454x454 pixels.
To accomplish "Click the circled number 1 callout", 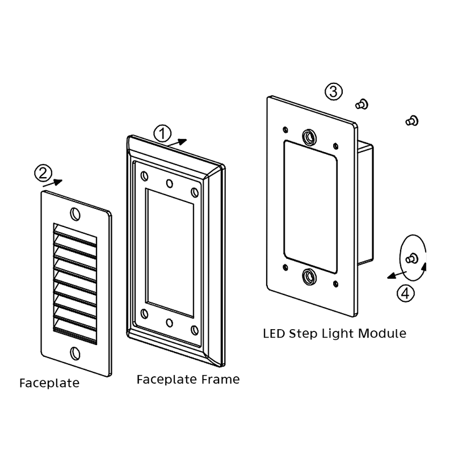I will [x=162, y=133].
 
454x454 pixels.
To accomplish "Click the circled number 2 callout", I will [x=43, y=171].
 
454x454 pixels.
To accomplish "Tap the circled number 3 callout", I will [x=334, y=91].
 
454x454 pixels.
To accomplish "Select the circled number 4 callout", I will [x=404, y=293].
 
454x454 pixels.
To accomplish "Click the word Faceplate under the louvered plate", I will [x=49, y=383].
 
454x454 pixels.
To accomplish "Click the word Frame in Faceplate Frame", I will [x=218, y=379].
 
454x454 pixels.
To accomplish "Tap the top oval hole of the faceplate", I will [x=74, y=213].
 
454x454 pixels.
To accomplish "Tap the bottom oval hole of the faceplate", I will [x=75, y=352].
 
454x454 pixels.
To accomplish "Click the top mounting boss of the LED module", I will [x=309, y=136].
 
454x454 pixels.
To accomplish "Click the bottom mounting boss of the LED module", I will [x=309, y=277].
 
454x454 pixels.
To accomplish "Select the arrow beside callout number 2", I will [x=55, y=182].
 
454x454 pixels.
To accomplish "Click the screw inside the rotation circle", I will [x=411, y=258].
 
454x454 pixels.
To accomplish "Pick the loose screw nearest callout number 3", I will [x=361, y=103].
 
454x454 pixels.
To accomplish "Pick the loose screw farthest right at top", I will [x=412, y=120].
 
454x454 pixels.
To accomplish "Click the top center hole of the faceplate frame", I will [x=169, y=183].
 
